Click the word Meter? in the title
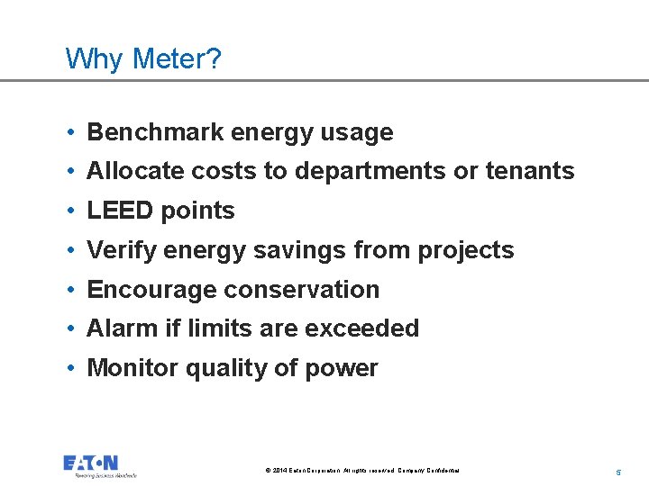pos(177,59)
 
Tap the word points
pos(197,211)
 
